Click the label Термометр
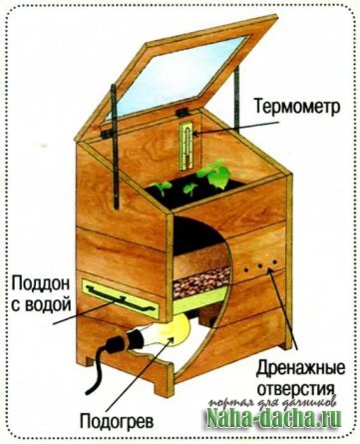point(297,107)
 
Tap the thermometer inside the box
point(186,147)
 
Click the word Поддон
point(41,284)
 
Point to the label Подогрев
point(117,422)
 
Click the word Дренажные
point(301,369)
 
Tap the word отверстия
point(296,388)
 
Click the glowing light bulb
point(172,332)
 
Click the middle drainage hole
point(260,265)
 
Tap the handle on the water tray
point(121,296)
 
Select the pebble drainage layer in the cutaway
point(201,281)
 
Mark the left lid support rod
point(115,147)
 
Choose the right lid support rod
point(237,97)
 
